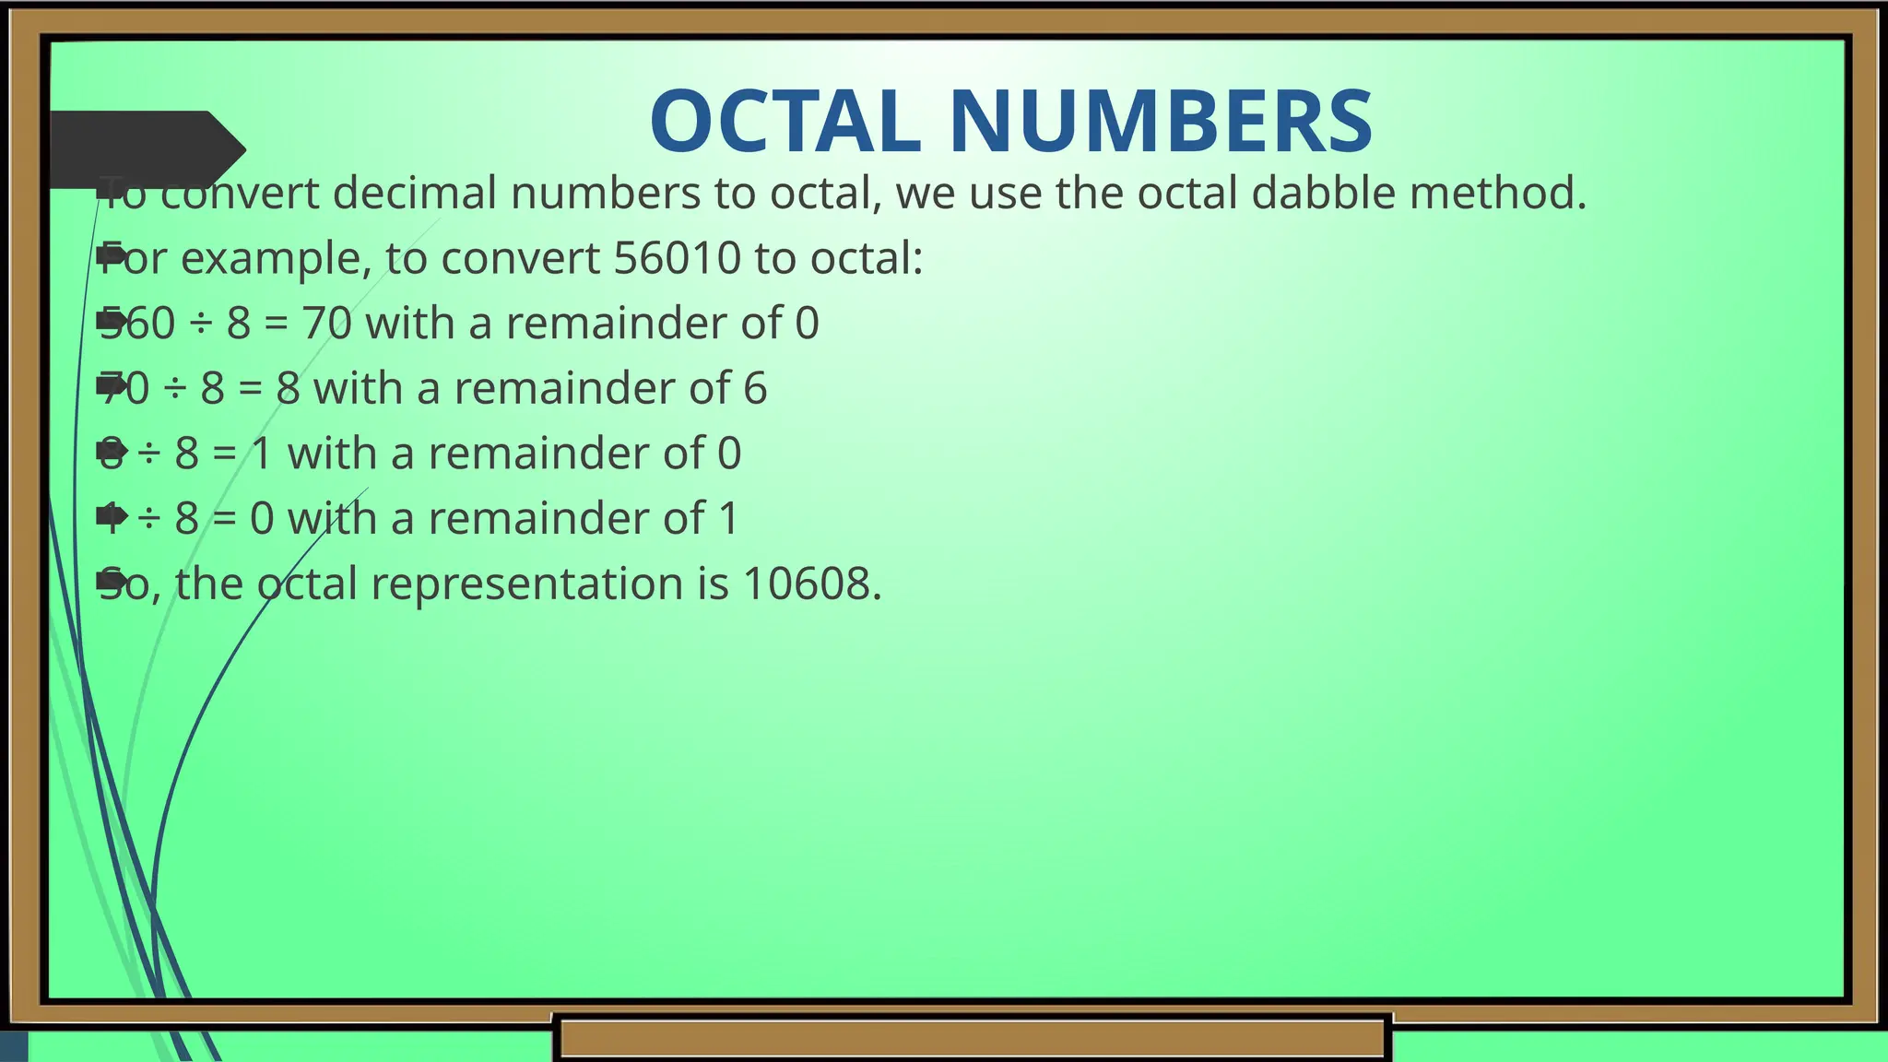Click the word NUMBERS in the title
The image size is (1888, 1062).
pos(1161,122)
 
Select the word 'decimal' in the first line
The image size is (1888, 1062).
pos(414,194)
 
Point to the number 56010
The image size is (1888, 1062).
pos(677,258)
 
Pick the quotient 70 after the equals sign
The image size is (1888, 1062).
pos(327,324)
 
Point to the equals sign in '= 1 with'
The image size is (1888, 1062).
pos(225,454)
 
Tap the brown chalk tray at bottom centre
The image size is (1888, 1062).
pos(973,1038)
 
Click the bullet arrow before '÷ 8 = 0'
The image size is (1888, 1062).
pos(112,516)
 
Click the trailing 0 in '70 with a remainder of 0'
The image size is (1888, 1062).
pos(807,324)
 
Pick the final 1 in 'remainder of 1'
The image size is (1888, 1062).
pos(728,518)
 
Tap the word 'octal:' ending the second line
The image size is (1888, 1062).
pos(866,258)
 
